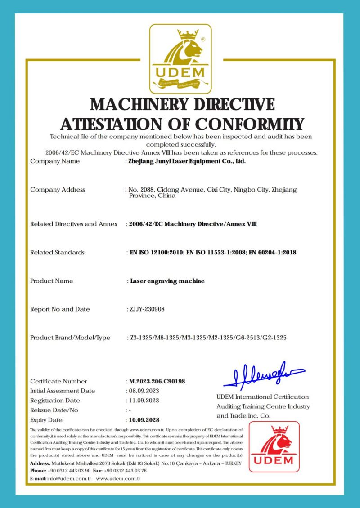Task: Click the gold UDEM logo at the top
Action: tap(180, 58)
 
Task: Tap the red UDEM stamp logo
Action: tap(274, 446)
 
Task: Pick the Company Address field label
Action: tap(58, 190)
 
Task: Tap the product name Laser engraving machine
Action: tap(167, 281)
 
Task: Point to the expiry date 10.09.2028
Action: tap(144, 420)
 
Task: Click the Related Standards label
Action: tap(57, 253)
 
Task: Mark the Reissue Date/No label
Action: tap(54, 410)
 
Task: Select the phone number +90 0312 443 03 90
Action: tap(69, 471)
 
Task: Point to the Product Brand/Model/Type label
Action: tap(70, 338)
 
